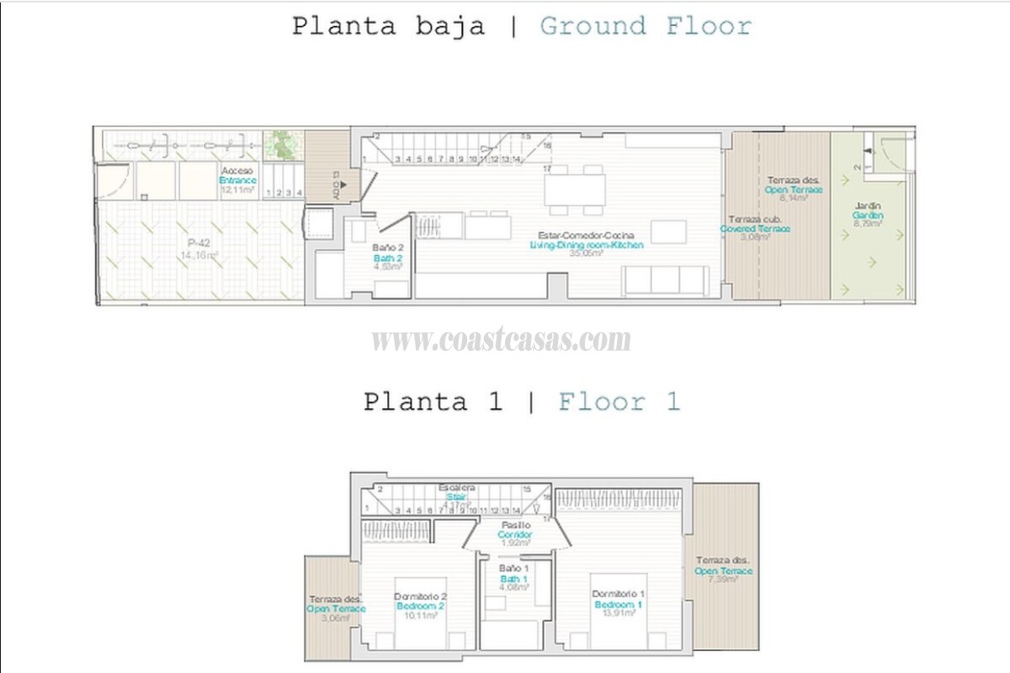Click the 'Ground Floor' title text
(x=645, y=26)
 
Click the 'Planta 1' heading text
(x=432, y=401)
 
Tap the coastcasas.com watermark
(x=501, y=341)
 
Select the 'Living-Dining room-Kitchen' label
(x=587, y=245)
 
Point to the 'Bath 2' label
(x=389, y=257)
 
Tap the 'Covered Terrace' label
(x=755, y=228)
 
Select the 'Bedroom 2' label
(x=419, y=607)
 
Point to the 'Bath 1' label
(x=513, y=579)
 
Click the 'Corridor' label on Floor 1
(x=514, y=534)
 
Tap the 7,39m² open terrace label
(x=723, y=571)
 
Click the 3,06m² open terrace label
(x=336, y=608)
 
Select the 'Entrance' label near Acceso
(x=237, y=180)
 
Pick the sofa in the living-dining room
(x=664, y=280)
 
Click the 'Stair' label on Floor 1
(x=457, y=497)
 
